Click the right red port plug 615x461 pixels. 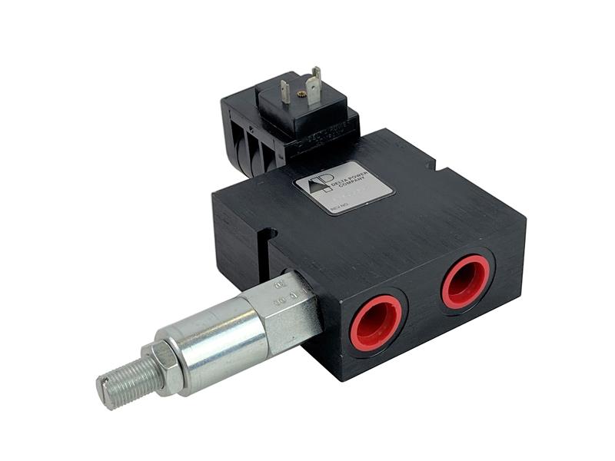click(x=466, y=281)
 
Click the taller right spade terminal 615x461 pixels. click(x=316, y=83)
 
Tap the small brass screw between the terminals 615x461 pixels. click(x=302, y=94)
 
